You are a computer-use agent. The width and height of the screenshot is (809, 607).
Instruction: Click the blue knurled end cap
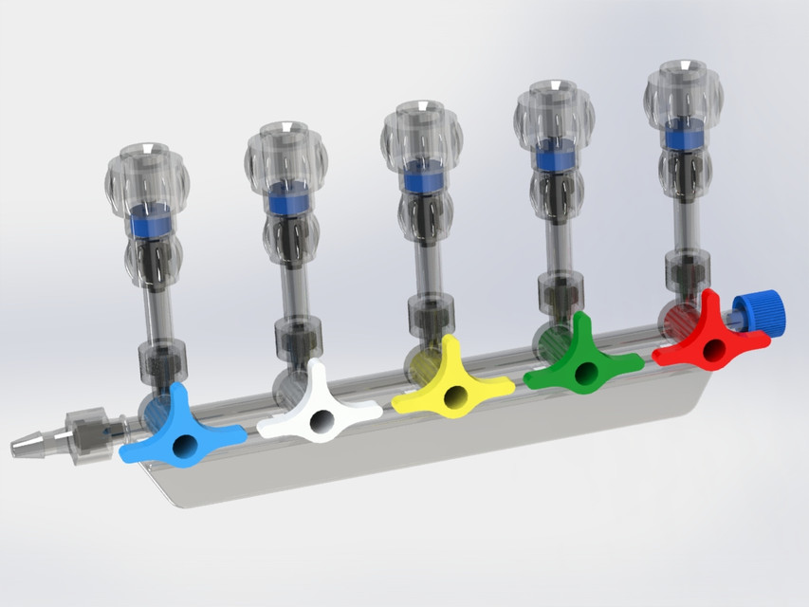758,312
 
